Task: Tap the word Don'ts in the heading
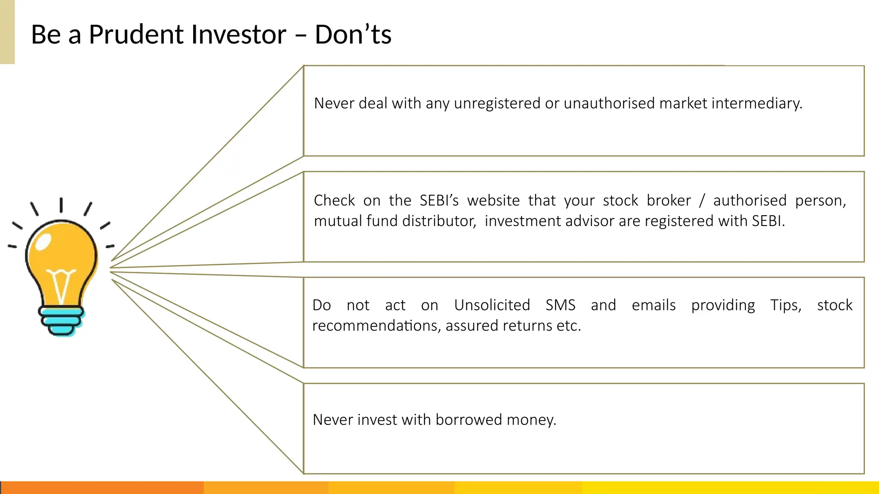[x=353, y=35]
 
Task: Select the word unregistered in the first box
[x=497, y=103]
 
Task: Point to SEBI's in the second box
[x=439, y=201]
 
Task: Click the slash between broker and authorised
[x=702, y=201]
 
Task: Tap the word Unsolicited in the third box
[x=492, y=305]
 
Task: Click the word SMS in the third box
[x=560, y=305]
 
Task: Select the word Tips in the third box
[x=785, y=305]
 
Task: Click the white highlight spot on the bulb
[x=43, y=242]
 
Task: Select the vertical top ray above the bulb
[x=61, y=205]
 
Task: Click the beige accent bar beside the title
[x=7, y=32]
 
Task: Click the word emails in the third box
[x=653, y=305]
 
